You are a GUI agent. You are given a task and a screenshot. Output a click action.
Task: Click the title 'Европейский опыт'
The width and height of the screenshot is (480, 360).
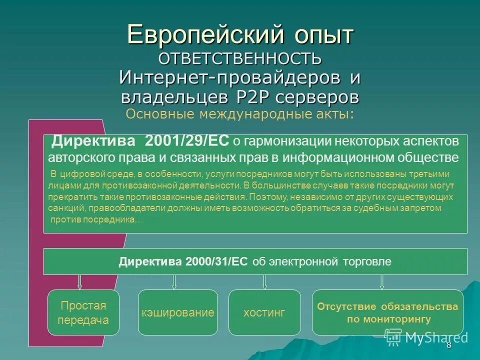click(x=240, y=34)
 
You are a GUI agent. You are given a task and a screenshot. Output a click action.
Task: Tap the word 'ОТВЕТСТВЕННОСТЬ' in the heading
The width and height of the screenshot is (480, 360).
click(x=240, y=58)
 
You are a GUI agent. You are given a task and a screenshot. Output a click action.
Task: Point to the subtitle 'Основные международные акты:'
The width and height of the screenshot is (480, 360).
click(x=240, y=114)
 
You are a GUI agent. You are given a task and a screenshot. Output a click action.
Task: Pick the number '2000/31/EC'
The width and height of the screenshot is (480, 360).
click(x=216, y=262)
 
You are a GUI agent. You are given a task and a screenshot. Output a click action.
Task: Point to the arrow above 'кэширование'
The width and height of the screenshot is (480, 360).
click(x=174, y=282)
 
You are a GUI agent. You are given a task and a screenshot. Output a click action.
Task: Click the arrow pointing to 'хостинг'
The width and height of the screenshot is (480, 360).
click(x=264, y=282)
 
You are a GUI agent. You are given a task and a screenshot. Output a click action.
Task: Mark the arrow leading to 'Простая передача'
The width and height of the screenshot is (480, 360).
click(x=79, y=282)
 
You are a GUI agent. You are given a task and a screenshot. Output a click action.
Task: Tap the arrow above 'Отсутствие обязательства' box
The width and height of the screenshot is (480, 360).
click(x=382, y=282)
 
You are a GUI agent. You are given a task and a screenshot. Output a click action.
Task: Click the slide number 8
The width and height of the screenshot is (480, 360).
click(x=448, y=345)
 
